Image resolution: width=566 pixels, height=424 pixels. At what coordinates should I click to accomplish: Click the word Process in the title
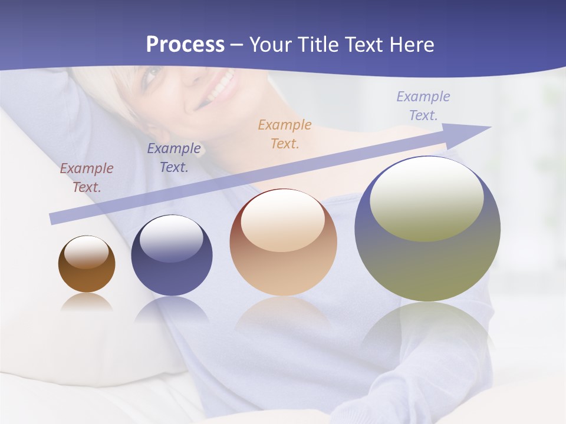pyautogui.click(x=185, y=45)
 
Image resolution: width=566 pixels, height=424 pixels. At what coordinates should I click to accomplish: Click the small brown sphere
pyautogui.click(x=87, y=265)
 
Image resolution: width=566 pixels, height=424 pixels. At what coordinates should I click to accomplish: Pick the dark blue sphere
pyautogui.click(x=172, y=256)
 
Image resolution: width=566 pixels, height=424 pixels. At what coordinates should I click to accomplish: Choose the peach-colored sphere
pyautogui.click(x=283, y=243)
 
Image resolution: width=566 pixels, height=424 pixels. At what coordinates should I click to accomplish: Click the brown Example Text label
pyautogui.click(x=86, y=177)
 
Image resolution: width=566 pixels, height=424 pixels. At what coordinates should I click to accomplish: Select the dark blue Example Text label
pyautogui.click(x=174, y=157)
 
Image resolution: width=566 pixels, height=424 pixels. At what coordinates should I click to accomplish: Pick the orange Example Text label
pyautogui.click(x=285, y=134)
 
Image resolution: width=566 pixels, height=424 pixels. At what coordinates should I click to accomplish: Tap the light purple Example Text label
pyautogui.click(x=423, y=105)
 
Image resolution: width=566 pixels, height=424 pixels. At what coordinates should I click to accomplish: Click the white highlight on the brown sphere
pyautogui.click(x=87, y=252)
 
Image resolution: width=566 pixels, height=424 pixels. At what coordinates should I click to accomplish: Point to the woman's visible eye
pyautogui.click(x=152, y=74)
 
